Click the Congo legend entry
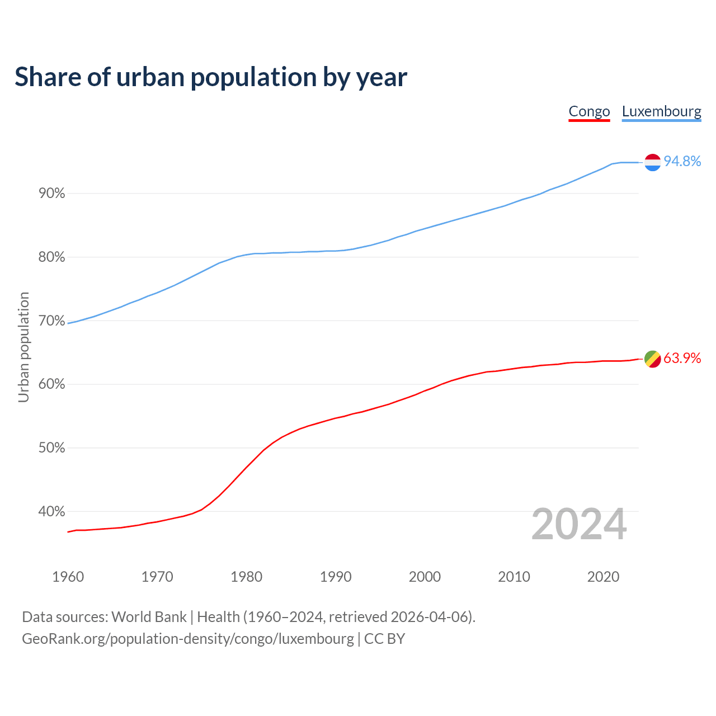click(589, 111)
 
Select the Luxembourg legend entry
click(661, 111)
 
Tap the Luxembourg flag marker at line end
click(652, 162)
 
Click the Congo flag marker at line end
click(652, 359)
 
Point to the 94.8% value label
click(682, 162)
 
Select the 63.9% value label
click(682, 359)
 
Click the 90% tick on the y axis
click(52, 194)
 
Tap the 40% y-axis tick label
click(52, 512)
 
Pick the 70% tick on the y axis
click(52, 321)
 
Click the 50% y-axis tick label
click(52, 448)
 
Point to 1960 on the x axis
click(68, 577)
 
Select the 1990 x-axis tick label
click(336, 577)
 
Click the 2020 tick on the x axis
click(603, 577)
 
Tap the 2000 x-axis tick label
click(425, 577)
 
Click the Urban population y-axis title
click(23, 347)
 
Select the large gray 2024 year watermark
click(579, 524)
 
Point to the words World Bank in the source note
click(149, 617)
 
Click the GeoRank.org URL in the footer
click(188, 639)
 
